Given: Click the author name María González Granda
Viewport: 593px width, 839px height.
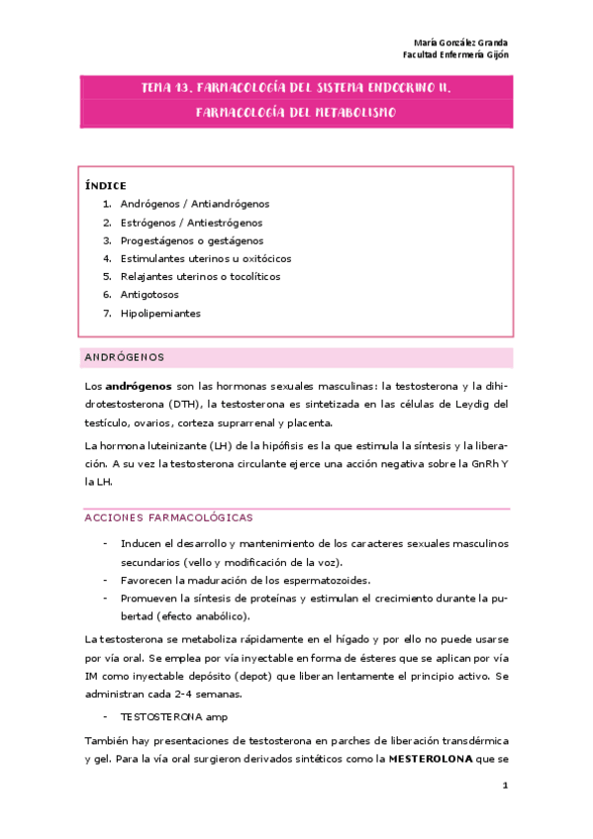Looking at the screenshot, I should tap(460, 43).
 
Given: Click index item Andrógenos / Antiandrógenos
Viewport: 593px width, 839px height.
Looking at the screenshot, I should tap(194, 204).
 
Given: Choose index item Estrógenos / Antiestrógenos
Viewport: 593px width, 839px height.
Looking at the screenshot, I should tap(191, 223).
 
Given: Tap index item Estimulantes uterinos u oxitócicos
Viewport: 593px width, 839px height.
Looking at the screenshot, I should tap(205, 258).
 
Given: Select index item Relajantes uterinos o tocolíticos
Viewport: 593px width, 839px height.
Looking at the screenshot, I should tap(200, 277).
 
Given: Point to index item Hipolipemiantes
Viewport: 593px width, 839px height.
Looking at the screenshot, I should tap(159, 313).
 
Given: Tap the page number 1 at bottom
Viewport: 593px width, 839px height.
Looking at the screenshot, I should tap(505, 787).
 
